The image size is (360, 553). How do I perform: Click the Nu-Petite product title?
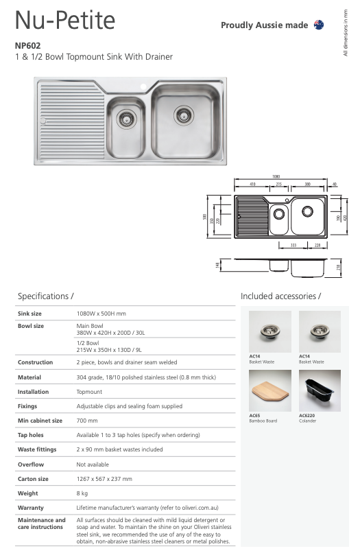(x=65, y=22)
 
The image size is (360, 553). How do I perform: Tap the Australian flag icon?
(x=318, y=25)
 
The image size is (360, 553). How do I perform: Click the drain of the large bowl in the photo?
(x=184, y=112)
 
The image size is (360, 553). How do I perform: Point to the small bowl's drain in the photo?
(x=125, y=119)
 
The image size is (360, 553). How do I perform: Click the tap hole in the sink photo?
(x=145, y=88)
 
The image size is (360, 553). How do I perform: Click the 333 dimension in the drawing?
(x=293, y=244)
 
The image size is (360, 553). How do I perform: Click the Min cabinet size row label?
(x=40, y=420)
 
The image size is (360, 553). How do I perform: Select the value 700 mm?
(x=87, y=420)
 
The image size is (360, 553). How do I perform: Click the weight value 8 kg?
(x=82, y=493)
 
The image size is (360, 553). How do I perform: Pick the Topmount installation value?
(x=88, y=392)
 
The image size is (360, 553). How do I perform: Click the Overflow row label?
(x=31, y=464)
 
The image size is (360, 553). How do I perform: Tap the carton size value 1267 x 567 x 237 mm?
(x=104, y=478)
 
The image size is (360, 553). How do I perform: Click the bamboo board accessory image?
(x=269, y=390)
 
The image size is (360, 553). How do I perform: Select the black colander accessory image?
(x=320, y=390)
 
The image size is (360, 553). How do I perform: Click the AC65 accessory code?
(x=254, y=415)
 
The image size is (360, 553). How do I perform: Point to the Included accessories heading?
(x=280, y=296)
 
